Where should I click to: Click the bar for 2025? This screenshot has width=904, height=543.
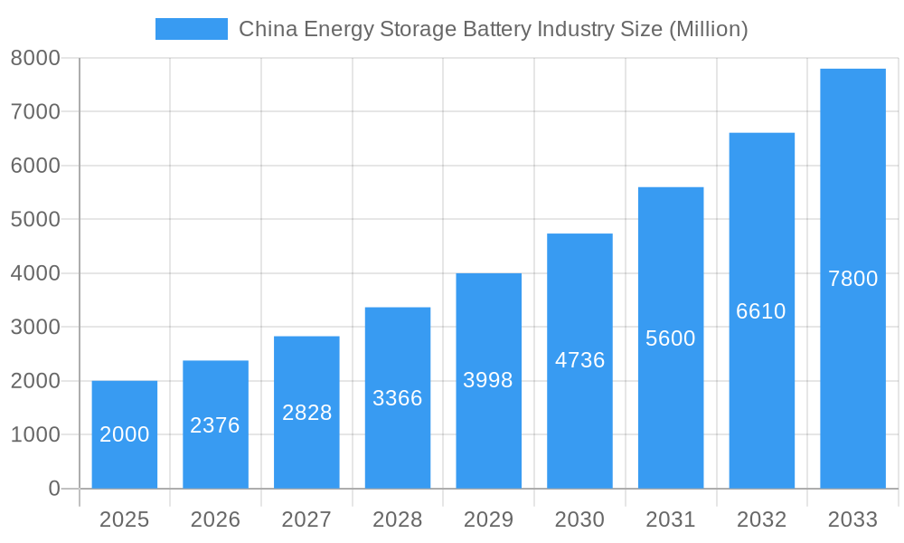coord(125,434)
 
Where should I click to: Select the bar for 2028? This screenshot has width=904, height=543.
coord(398,398)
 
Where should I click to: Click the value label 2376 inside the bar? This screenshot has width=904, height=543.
coord(215,425)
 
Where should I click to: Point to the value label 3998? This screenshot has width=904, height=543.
coord(488,380)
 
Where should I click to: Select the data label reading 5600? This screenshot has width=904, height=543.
coord(671,338)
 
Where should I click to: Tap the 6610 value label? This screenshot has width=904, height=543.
coord(761,311)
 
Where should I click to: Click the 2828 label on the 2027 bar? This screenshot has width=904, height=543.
coord(306,413)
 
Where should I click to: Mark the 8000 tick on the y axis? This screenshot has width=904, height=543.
coord(35,58)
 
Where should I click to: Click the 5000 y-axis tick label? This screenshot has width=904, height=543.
coord(35,220)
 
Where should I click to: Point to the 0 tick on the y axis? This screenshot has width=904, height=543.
coord(53,489)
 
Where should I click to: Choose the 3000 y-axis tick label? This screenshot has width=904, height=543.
coord(35,328)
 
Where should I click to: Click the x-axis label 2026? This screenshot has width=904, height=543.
coord(215,519)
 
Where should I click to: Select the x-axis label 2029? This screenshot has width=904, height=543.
coord(488,519)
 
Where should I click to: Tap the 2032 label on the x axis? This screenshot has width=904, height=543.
coord(761,519)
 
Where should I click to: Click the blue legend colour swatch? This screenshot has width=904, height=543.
coord(192,29)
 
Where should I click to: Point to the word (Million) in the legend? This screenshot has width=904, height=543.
coord(708,29)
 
